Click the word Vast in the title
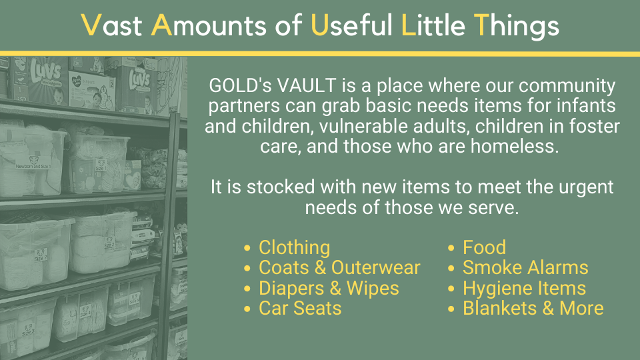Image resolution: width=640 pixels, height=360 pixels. click(112, 25)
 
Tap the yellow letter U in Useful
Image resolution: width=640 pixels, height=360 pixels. click(319, 25)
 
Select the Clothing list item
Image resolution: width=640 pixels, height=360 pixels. click(294, 248)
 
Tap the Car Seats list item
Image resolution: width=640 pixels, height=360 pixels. click(300, 308)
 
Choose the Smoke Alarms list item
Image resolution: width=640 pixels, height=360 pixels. click(525, 268)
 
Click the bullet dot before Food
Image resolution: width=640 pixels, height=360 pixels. click(451, 248)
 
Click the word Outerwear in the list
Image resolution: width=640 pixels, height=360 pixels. click(375, 268)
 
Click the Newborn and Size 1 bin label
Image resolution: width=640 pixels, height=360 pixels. click(33, 166)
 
